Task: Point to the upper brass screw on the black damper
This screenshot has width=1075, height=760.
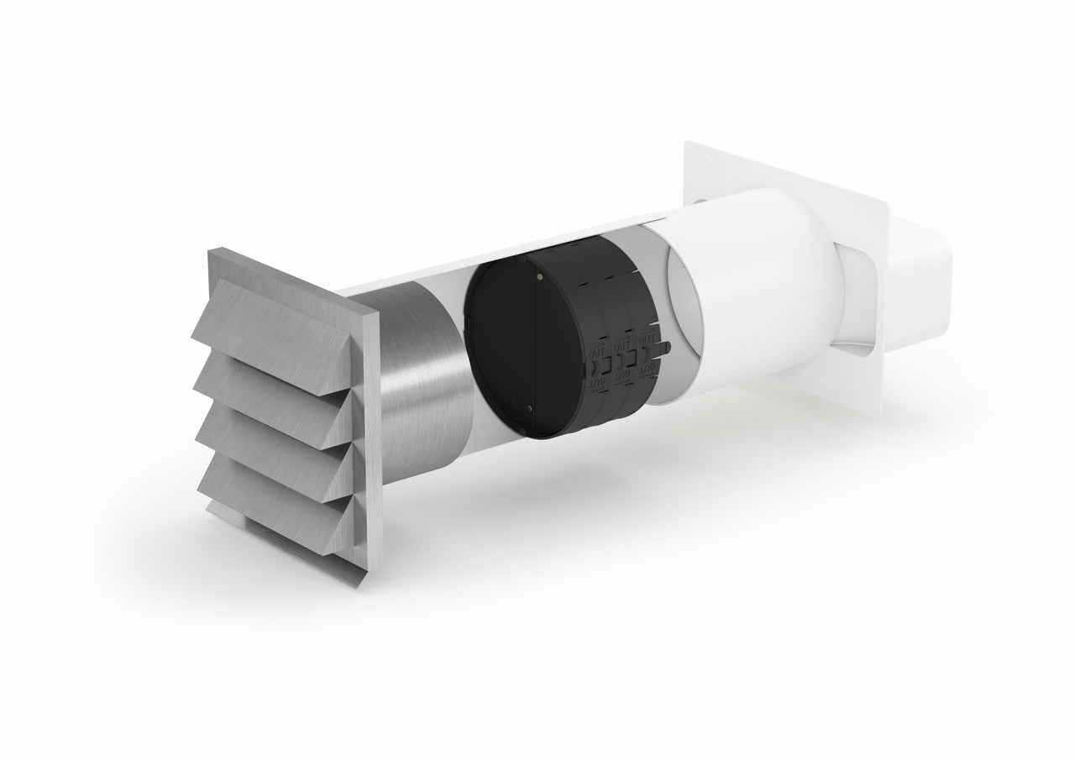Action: (x=538, y=273)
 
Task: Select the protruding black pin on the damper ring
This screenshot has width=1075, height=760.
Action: (x=665, y=343)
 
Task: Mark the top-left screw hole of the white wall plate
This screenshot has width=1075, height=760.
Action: (x=707, y=160)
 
